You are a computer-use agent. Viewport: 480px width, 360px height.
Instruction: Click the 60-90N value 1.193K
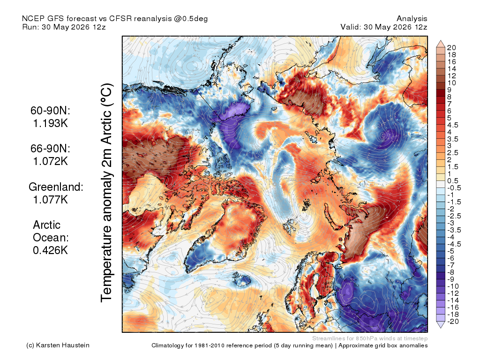tap(50, 123)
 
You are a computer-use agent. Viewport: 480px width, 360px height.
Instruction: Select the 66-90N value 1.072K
tap(50, 161)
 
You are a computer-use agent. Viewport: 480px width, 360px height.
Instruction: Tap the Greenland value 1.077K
tap(50, 200)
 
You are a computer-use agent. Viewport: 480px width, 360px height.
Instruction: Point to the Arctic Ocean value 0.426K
tap(50, 250)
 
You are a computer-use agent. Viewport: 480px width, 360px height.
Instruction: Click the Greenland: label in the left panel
tap(56, 187)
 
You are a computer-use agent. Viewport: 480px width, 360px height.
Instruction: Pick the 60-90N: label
tap(50, 111)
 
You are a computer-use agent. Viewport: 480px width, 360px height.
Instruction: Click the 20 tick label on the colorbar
tap(451, 48)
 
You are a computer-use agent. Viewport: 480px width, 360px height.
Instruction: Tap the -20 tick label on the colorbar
tap(453, 322)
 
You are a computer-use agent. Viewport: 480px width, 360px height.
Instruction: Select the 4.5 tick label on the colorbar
tap(453, 125)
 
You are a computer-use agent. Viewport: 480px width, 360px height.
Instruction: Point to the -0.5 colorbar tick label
tap(454, 188)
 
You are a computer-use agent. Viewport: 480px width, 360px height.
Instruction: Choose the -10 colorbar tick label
tap(453, 286)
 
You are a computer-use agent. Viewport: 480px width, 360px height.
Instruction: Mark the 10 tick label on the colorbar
tap(451, 83)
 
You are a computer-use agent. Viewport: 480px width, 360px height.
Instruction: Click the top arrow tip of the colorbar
tap(441, 40)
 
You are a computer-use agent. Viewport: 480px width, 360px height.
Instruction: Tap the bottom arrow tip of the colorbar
tap(441, 328)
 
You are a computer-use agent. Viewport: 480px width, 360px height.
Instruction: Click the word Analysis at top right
tap(412, 19)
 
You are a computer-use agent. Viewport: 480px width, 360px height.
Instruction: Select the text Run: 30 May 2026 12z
tap(64, 27)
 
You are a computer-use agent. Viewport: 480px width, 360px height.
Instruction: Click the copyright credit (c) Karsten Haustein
tap(58, 345)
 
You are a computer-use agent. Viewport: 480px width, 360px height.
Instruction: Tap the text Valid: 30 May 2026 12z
tap(384, 27)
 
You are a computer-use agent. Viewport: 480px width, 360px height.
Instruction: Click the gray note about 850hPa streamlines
tap(370, 338)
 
